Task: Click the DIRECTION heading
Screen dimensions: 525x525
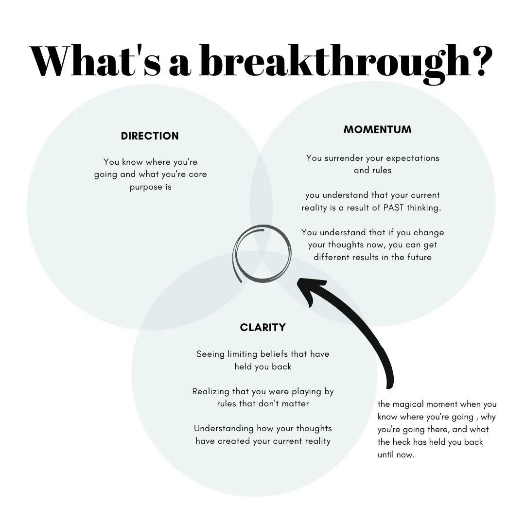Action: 150,136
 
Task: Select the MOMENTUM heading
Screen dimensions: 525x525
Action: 377,130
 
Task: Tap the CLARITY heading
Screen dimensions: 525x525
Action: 262,328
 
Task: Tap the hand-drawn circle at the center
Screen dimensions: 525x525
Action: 262,253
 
